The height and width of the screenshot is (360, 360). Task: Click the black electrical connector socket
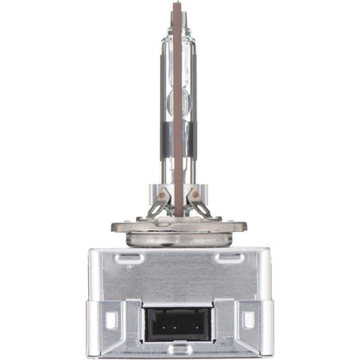[180, 322]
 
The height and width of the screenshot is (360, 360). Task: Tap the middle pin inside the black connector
[180, 325]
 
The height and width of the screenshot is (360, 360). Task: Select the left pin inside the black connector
[170, 325]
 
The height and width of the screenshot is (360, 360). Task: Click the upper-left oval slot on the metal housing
[130, 257]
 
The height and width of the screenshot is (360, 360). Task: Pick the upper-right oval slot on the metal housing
[229, 257]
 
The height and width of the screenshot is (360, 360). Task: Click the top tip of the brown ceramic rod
[178, 5]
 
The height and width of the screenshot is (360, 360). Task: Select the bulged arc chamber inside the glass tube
[178, 82]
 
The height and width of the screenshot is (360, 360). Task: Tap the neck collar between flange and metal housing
[179, 240]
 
